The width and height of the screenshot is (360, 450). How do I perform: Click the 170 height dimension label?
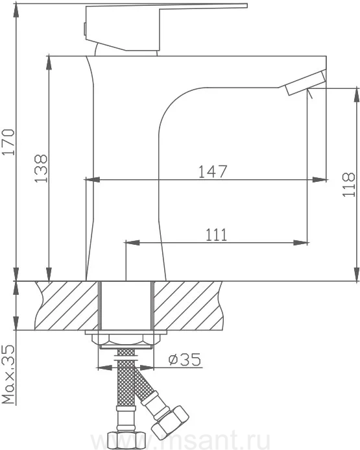(8, 142)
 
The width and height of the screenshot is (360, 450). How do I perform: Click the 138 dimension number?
(41, 168)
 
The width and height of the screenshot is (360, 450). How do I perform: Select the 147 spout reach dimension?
(213, 171)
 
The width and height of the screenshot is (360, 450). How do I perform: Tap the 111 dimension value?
(217, 235)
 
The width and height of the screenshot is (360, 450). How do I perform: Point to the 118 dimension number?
(348, 184)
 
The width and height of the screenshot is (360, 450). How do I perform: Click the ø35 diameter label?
(185, 360)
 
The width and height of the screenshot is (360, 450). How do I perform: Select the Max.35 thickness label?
(8, 375)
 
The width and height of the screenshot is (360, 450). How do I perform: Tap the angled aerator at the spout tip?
(306, 82)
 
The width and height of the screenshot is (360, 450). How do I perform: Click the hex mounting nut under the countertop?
(126, 340)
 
